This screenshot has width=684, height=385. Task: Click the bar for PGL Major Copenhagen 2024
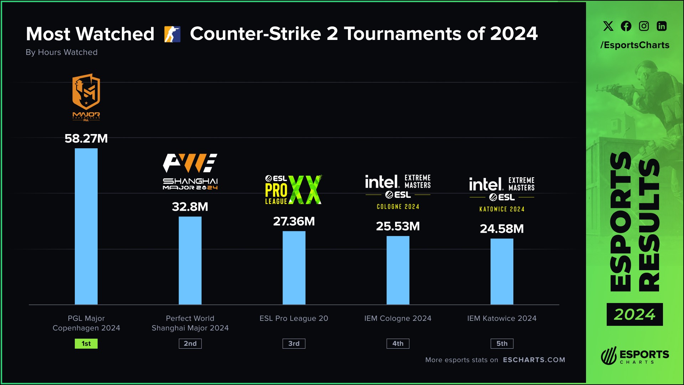pyautogui.click(x=86, y=226)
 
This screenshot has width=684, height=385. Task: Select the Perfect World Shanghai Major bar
pyautogui.click(x=190, y=260)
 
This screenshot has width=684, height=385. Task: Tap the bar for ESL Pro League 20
pyautogui.click(x=294, y=268)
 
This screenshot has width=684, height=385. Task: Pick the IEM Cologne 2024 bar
pyautogui.click(x=398, y=270)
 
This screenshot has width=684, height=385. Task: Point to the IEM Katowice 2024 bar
pyautogui.click(x=502, y=271)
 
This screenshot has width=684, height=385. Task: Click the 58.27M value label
pyautogui.click(x=86, y=138)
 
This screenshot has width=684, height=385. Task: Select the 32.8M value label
pyautogui.click(x=190, y=207)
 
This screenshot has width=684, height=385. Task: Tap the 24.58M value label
pyautogui.click(x=502, y=229)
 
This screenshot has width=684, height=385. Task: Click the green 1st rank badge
pyautogui.click(x=86, y=344)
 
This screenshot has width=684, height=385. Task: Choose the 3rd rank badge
pyautogui.click(x=294, y=344)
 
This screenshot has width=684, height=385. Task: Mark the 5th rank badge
pyautogui.click(x=502, y=344)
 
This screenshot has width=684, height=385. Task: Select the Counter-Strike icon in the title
pyautogui.click(x=172, y=34)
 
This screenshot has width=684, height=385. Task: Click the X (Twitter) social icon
pyautogui.click(x=608, y=26)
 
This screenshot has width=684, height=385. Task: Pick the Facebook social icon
pyautogui.click(x=626, y=26)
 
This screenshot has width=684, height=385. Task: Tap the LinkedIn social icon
pyautogui.click(x=662, y=26)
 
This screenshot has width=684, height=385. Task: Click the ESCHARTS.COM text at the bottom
pyautogui.click(x=534, y=360)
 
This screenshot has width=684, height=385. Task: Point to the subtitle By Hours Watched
pyautogui.click(x=62, y=52)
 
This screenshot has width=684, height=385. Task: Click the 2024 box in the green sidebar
pyautogui.click(x=634, y=314)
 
